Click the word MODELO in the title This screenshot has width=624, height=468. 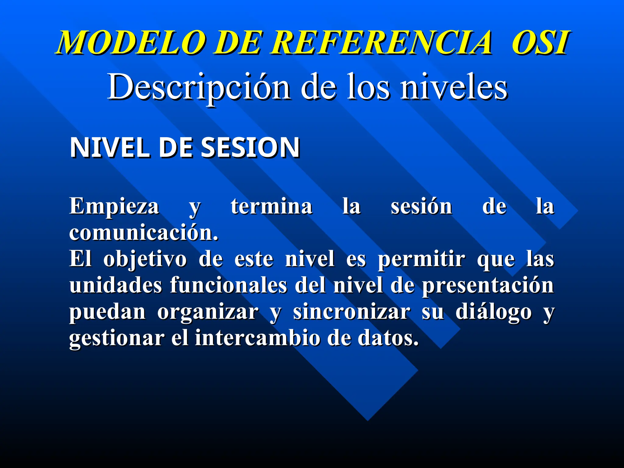pyautogui.click(x=131, y=43)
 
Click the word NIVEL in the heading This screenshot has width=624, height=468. pyautogui.click(x=110, y=148)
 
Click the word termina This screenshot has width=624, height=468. pyautogui.click(x=271, y=207)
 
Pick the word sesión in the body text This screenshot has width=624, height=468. pyautogui.click(x=421, y=207)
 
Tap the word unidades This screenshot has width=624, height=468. pyautogui.click(x=116, y=285)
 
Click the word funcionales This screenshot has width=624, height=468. pyautogui.click(x=229, y=285)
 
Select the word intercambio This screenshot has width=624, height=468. pyautogui.click(x=257, y=338)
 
